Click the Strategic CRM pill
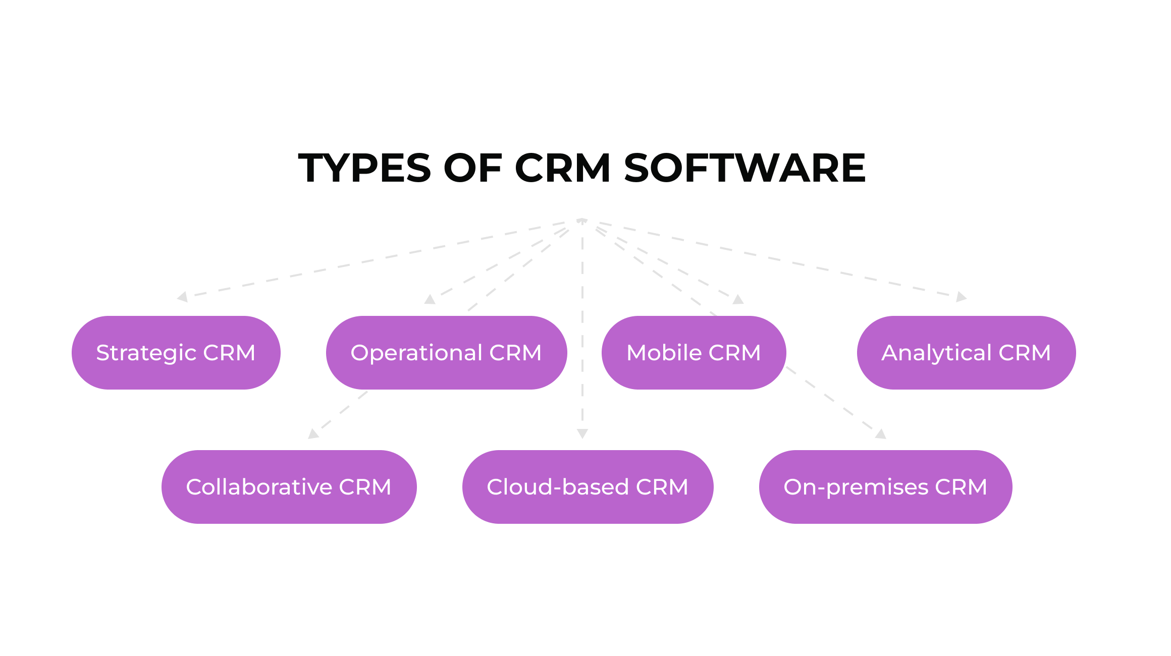pos(176,352)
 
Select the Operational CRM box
pos(446,352)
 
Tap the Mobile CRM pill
pos(694,352)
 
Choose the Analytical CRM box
pos(966,352)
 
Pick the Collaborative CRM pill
pos(289,486)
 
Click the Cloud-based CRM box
pos(588,486)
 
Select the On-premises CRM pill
pos(885,486)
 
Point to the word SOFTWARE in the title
pos(745,168)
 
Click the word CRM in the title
pos(562,168)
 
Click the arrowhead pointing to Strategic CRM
pos(183,297)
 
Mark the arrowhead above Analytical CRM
pos(961,297)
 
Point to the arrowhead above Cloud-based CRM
pos(582,433)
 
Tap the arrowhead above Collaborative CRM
pos(313,433)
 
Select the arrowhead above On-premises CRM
pos(881,433)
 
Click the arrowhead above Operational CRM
pos(430,299)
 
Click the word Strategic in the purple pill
pos(146,353)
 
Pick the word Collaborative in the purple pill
pos(259,487)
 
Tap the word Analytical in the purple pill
pos(936,353)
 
